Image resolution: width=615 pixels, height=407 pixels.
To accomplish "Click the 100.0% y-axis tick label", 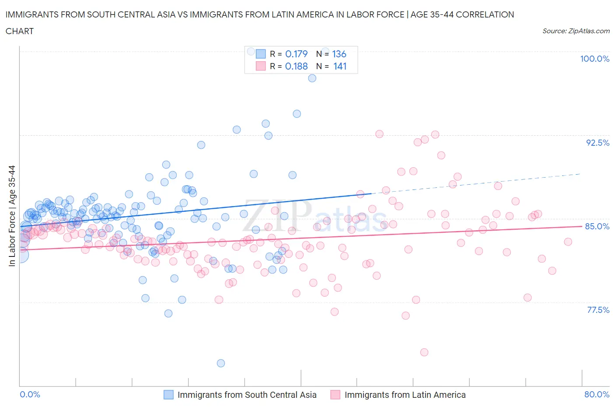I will point(594,59).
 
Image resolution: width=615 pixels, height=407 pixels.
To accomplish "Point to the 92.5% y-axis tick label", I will point(597,143).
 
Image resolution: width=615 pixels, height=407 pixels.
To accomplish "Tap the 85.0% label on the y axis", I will point(597,226).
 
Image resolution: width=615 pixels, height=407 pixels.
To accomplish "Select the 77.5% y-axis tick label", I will point(598,310).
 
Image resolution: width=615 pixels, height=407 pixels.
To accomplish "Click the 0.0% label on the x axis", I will point(30,394).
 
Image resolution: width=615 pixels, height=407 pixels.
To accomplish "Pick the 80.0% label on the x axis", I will point(597,394).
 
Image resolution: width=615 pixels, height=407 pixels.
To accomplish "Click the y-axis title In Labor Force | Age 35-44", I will point(12,216).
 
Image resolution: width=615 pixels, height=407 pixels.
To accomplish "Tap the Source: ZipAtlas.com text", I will point(576,31).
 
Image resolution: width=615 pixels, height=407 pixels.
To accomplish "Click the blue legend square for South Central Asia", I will point(168,395).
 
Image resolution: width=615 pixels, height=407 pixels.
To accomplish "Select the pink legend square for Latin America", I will point(335,395).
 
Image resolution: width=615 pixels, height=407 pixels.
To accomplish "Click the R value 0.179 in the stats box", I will point(296,54).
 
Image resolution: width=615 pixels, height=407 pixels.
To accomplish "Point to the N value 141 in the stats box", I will point(339,66).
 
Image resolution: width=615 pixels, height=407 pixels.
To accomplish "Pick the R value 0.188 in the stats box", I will point(296,66).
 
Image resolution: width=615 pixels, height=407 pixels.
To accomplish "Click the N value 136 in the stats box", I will point(339,54).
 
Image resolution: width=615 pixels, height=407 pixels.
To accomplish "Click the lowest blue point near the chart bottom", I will point(221,363).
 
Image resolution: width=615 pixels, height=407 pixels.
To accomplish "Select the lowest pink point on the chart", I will point(424,352).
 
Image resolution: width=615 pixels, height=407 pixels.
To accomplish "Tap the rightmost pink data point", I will point(568,242).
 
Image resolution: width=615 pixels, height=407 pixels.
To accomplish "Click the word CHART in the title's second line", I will point(20,31).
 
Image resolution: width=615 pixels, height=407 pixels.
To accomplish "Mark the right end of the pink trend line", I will point(581,226).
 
